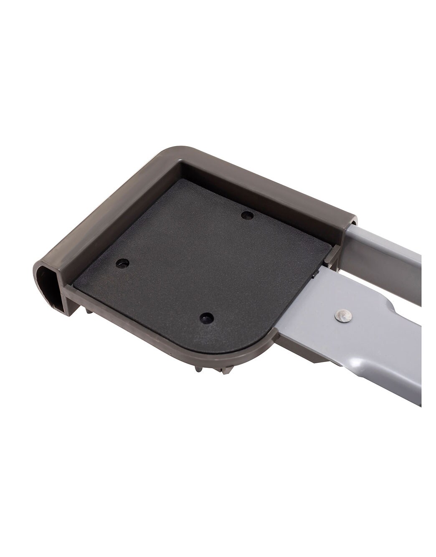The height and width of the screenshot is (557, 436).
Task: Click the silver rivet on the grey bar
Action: (x=344, y=316)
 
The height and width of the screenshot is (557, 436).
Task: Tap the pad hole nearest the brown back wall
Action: (x=248, y=215)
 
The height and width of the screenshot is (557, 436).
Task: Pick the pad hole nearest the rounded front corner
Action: (x=204, y=318)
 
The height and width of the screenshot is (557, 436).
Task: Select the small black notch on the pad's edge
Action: (x=314, y=275)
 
